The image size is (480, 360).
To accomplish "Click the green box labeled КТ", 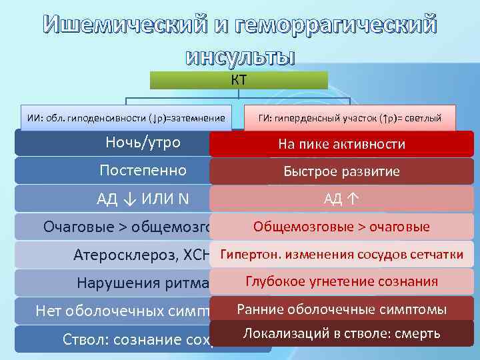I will (x=239, y=81).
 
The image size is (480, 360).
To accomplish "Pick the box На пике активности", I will (x=341, y=144).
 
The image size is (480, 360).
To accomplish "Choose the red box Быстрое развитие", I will (x=341, y=171).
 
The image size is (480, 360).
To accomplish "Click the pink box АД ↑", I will (x=341, y=199).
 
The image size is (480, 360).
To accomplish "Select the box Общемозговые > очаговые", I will (x=341, y=227).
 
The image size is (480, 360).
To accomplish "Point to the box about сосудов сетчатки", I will (x=341, y=254).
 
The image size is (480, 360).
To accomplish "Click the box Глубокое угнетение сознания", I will (x=341, y=281).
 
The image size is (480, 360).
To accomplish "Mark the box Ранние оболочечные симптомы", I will (x=341, y=309).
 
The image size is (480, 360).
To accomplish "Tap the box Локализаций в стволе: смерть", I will (x=341, y=333).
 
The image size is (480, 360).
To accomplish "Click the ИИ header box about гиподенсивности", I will (x=127, y=118).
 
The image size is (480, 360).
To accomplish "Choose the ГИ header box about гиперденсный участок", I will (x=350, y=118).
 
